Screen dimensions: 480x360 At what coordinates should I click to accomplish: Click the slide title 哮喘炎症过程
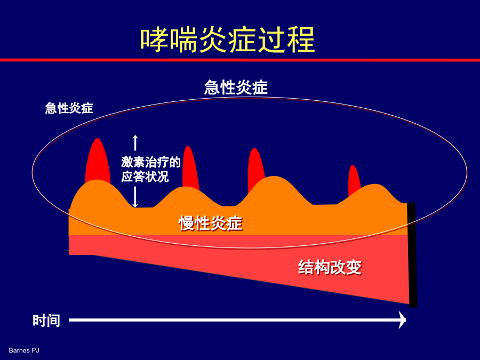pos(227,39)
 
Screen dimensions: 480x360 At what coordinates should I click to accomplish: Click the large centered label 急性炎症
pos(236,87)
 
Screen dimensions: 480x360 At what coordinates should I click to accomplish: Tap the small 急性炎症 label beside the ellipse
pos(69,108)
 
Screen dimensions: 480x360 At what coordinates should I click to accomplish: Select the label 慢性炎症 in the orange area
pos(211,223)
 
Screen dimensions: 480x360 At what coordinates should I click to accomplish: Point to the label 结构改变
pos(330,267)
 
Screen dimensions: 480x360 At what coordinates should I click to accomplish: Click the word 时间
pos(46,321)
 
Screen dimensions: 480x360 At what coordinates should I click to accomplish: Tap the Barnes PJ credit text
pos(24,350)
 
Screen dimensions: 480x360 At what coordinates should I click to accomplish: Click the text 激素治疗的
pos(150,162)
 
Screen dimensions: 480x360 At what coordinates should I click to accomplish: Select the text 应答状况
pos(145,177)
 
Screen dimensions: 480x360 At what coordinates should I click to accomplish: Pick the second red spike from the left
pos(190,166)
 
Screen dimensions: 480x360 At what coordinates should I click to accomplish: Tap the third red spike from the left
pos(255,169)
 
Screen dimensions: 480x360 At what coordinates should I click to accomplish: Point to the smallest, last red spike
pos(354,180)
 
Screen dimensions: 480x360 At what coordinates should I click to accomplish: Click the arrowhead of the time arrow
pos(402,320)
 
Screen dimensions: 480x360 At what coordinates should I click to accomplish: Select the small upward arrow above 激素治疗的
pos(135,142)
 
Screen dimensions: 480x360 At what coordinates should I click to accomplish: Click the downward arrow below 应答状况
pos(135,197)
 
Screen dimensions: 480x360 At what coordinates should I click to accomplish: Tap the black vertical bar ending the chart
pos(412,255)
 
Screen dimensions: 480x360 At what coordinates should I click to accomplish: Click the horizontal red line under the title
pos(240,60)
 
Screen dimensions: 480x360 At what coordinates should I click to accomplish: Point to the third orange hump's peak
pos(274,177)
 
